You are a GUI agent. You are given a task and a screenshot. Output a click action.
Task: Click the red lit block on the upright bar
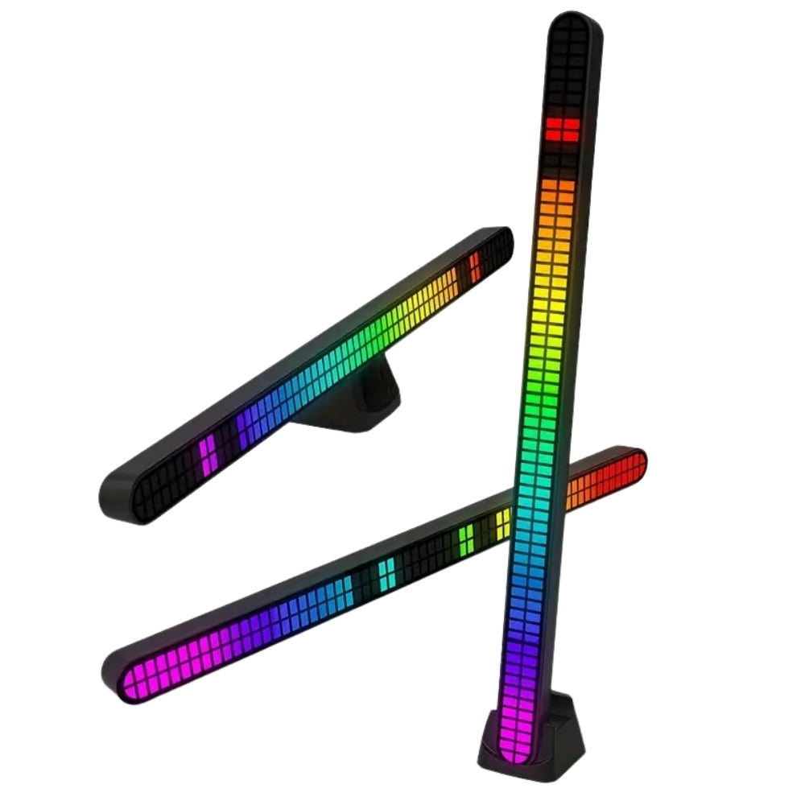coord(561,130)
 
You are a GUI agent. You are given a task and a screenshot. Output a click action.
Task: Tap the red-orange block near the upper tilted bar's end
coord(475,262)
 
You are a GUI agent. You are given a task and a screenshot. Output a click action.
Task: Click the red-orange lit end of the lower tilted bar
coord(616,475)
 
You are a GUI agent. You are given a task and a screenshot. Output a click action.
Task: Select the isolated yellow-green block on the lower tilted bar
coord(467,535)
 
